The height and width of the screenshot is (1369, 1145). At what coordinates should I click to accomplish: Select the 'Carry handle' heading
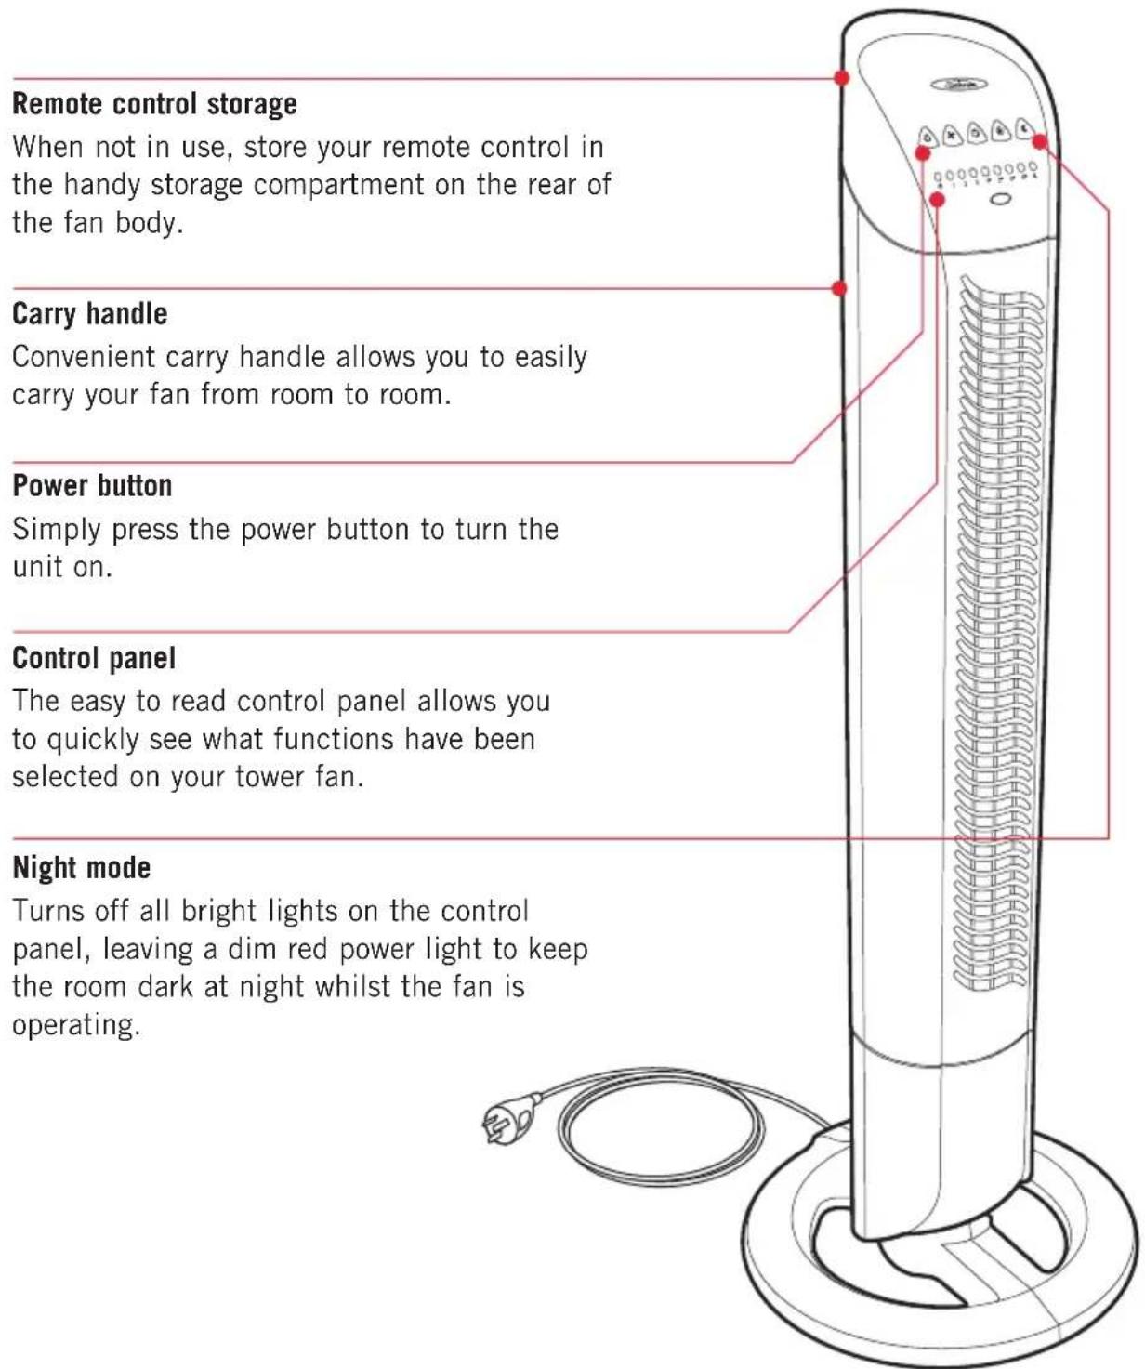tap(90, 314)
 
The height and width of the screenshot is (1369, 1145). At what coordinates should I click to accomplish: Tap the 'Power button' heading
tap(92, 486)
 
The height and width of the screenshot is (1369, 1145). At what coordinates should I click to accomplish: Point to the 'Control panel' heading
tap(94, 658)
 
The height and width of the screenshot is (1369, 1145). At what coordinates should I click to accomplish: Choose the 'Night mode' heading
tap(82, 868)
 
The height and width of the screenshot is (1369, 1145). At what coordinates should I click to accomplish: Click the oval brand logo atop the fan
tap(959, 84)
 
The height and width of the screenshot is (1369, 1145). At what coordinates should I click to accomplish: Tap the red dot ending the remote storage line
tap(842, 78)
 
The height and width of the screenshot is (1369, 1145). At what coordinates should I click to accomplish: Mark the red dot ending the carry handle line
tap(838, 288)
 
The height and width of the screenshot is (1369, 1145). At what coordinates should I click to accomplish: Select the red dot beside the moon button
tap(1040, 141)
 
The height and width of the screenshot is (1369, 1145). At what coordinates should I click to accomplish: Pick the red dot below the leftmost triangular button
tap(923, 153)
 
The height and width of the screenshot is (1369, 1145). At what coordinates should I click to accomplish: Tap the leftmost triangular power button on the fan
tap(928, 137)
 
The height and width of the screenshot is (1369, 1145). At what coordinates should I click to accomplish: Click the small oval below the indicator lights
tap(999, 199)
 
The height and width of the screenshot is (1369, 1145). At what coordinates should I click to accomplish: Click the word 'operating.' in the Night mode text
tap(76, 1025)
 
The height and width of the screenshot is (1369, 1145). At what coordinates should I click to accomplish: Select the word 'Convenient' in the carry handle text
tap(84, 357)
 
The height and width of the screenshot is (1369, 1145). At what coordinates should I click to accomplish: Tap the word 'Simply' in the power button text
tap(57, 531)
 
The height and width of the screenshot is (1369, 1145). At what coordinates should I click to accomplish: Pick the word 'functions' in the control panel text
tap(333, 739)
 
